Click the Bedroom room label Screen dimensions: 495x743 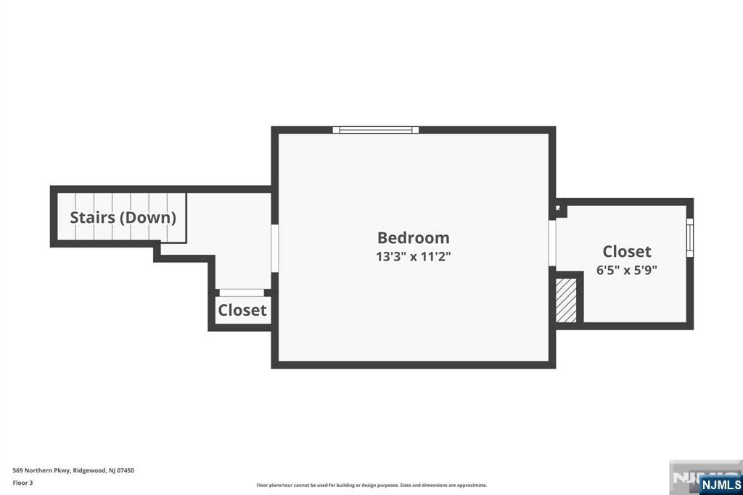coord(413,237)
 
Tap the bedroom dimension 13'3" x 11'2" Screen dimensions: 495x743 coord(413,256)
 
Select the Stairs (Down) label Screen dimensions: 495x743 coord(123,217)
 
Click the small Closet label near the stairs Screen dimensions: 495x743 coord(242,310)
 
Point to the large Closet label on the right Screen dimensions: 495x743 coord(627,251)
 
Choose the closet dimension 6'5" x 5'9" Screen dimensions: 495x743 coord(627,269)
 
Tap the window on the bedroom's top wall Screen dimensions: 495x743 coord(376,130)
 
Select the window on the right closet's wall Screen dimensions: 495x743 coord(690,237)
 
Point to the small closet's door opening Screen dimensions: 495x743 coord(242,292)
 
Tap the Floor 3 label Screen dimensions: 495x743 coord(22,483)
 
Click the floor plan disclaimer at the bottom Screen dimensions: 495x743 coord(371,485)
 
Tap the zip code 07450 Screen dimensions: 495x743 coord(126,470)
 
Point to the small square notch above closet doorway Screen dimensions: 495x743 coord(559,208)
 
